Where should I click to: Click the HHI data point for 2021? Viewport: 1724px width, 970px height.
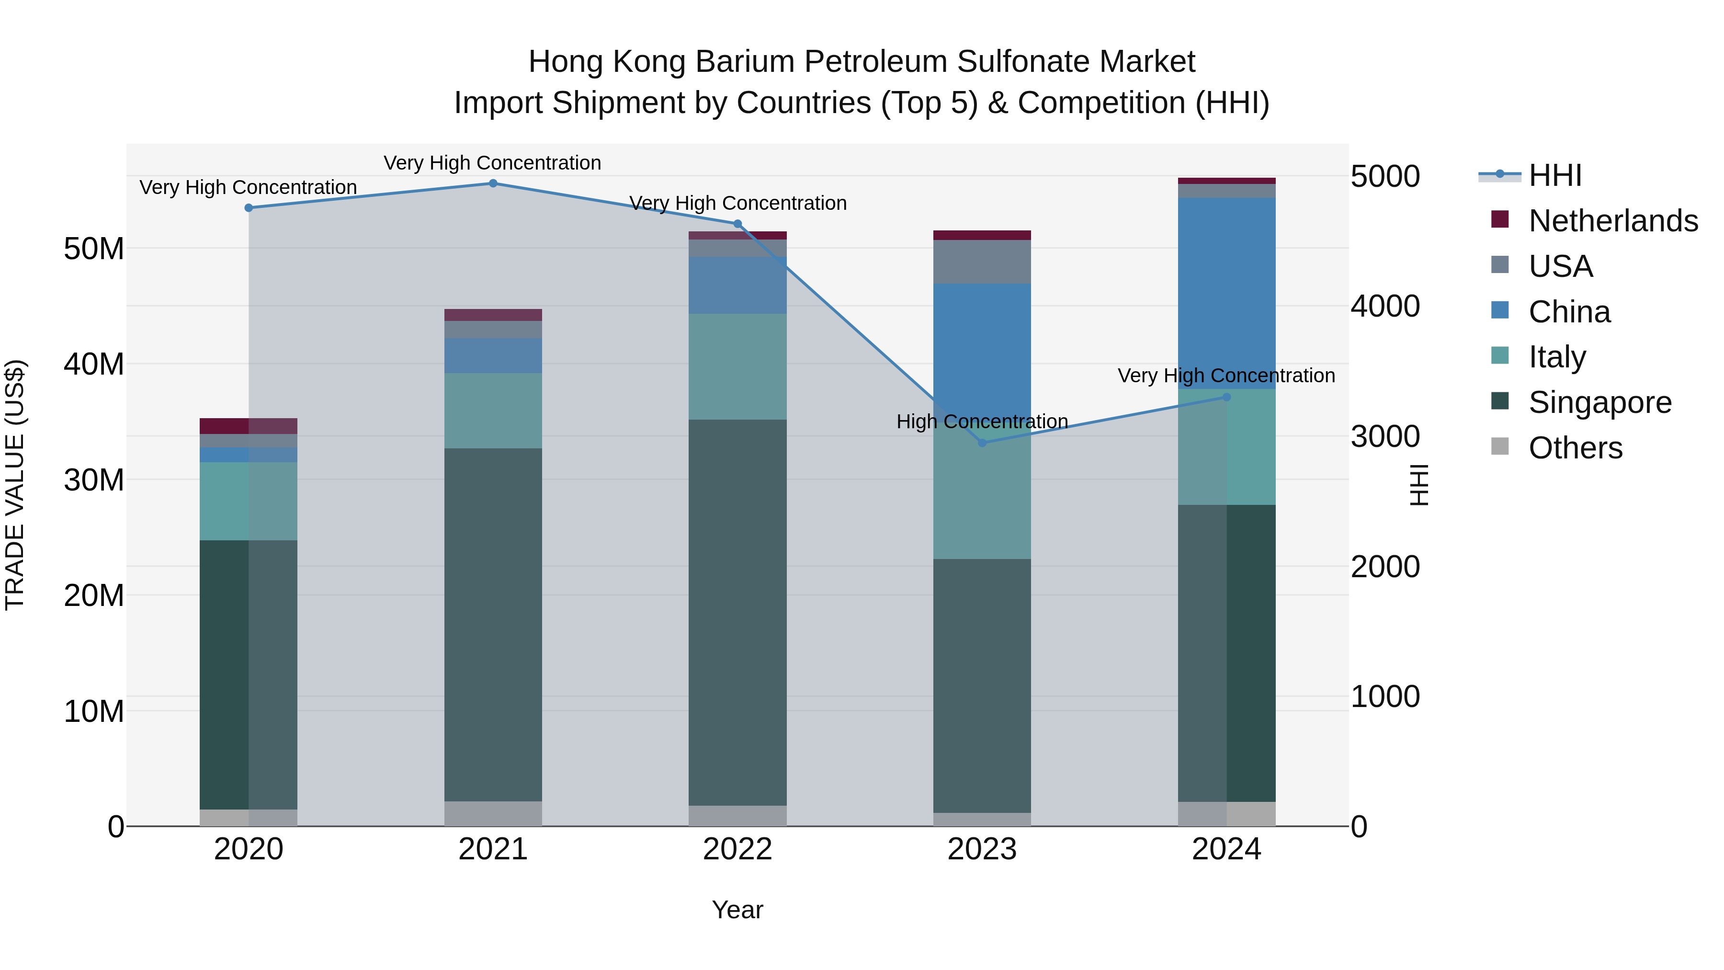[493, 183]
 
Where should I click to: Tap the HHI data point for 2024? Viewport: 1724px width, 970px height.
[1227, 397]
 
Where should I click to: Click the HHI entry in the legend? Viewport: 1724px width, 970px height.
[1554, 175]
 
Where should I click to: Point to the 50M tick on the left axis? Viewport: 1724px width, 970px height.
[94, 249]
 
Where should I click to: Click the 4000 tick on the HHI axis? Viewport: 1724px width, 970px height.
[1384, 307]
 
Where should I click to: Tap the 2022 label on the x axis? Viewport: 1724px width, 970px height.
[737, 849]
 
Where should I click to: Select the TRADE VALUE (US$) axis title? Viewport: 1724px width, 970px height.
[15, 485]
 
